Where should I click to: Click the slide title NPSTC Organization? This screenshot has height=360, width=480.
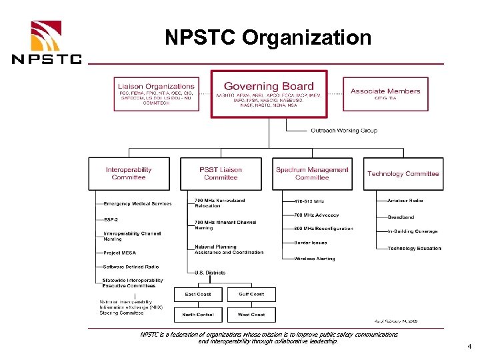tap(268, 37)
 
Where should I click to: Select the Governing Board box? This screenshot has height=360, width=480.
tap(269, 93)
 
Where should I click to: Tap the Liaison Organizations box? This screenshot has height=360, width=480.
tap(156, 93)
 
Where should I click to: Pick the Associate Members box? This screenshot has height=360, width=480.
tap(385, 93)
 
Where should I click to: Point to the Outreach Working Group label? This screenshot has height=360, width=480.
tap(343, 131)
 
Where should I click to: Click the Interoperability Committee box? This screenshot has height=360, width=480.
tap(129, 173)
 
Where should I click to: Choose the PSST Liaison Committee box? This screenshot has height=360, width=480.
tap(221, 173)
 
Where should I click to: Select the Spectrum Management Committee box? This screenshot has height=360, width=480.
tap(312, 173)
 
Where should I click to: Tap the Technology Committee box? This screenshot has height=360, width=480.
tap(403, 173)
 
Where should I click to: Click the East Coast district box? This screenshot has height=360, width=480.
tap(198, 294)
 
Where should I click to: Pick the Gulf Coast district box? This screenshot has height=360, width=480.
tap(251, 294)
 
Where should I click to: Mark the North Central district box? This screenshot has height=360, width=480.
tap(198, 314)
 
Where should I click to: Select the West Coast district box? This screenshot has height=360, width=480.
tap(251, 314)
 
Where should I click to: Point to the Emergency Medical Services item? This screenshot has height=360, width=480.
tap(137, 204)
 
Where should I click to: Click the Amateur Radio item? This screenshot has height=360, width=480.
tap(405, 200)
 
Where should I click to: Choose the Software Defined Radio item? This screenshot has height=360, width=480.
tap(131, 267)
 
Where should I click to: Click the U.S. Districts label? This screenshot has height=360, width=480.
tap(210, 273)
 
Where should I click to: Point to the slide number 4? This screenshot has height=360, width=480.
tap(469, 347)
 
